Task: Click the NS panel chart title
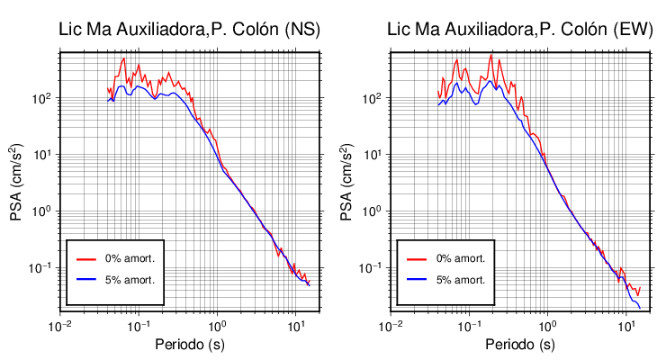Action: click(189, 30)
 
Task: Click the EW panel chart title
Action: click(519, 30)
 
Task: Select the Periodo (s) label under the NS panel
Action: click(189, 345)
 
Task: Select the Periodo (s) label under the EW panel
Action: click(519, 345)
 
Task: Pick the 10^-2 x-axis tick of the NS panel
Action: click(60, 325)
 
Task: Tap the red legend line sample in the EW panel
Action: click(416, 258)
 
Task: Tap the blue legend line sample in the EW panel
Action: click(416, 280)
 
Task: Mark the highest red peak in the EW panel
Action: click(491, 56)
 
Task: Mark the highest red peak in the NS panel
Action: click(123, 59)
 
